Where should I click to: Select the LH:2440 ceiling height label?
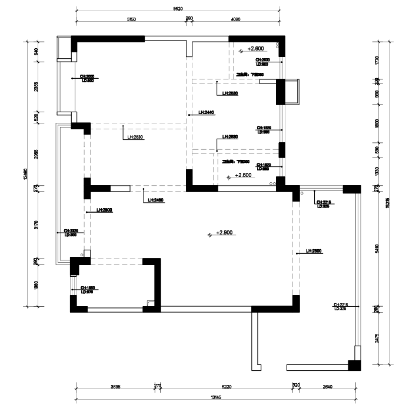(206, 112)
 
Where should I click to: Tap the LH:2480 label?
(156, 200)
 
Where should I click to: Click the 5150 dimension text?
(132, 19)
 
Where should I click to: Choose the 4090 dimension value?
(236, 19)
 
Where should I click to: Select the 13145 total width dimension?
(217, 397)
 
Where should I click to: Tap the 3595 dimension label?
(115, 387)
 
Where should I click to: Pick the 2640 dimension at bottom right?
(328, 387)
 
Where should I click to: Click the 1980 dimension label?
(36, 285)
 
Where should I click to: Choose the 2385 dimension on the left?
(36, 87)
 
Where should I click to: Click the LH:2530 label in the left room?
(136, 138)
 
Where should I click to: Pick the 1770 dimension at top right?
(377, 60)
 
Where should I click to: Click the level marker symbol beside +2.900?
(210, 235)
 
